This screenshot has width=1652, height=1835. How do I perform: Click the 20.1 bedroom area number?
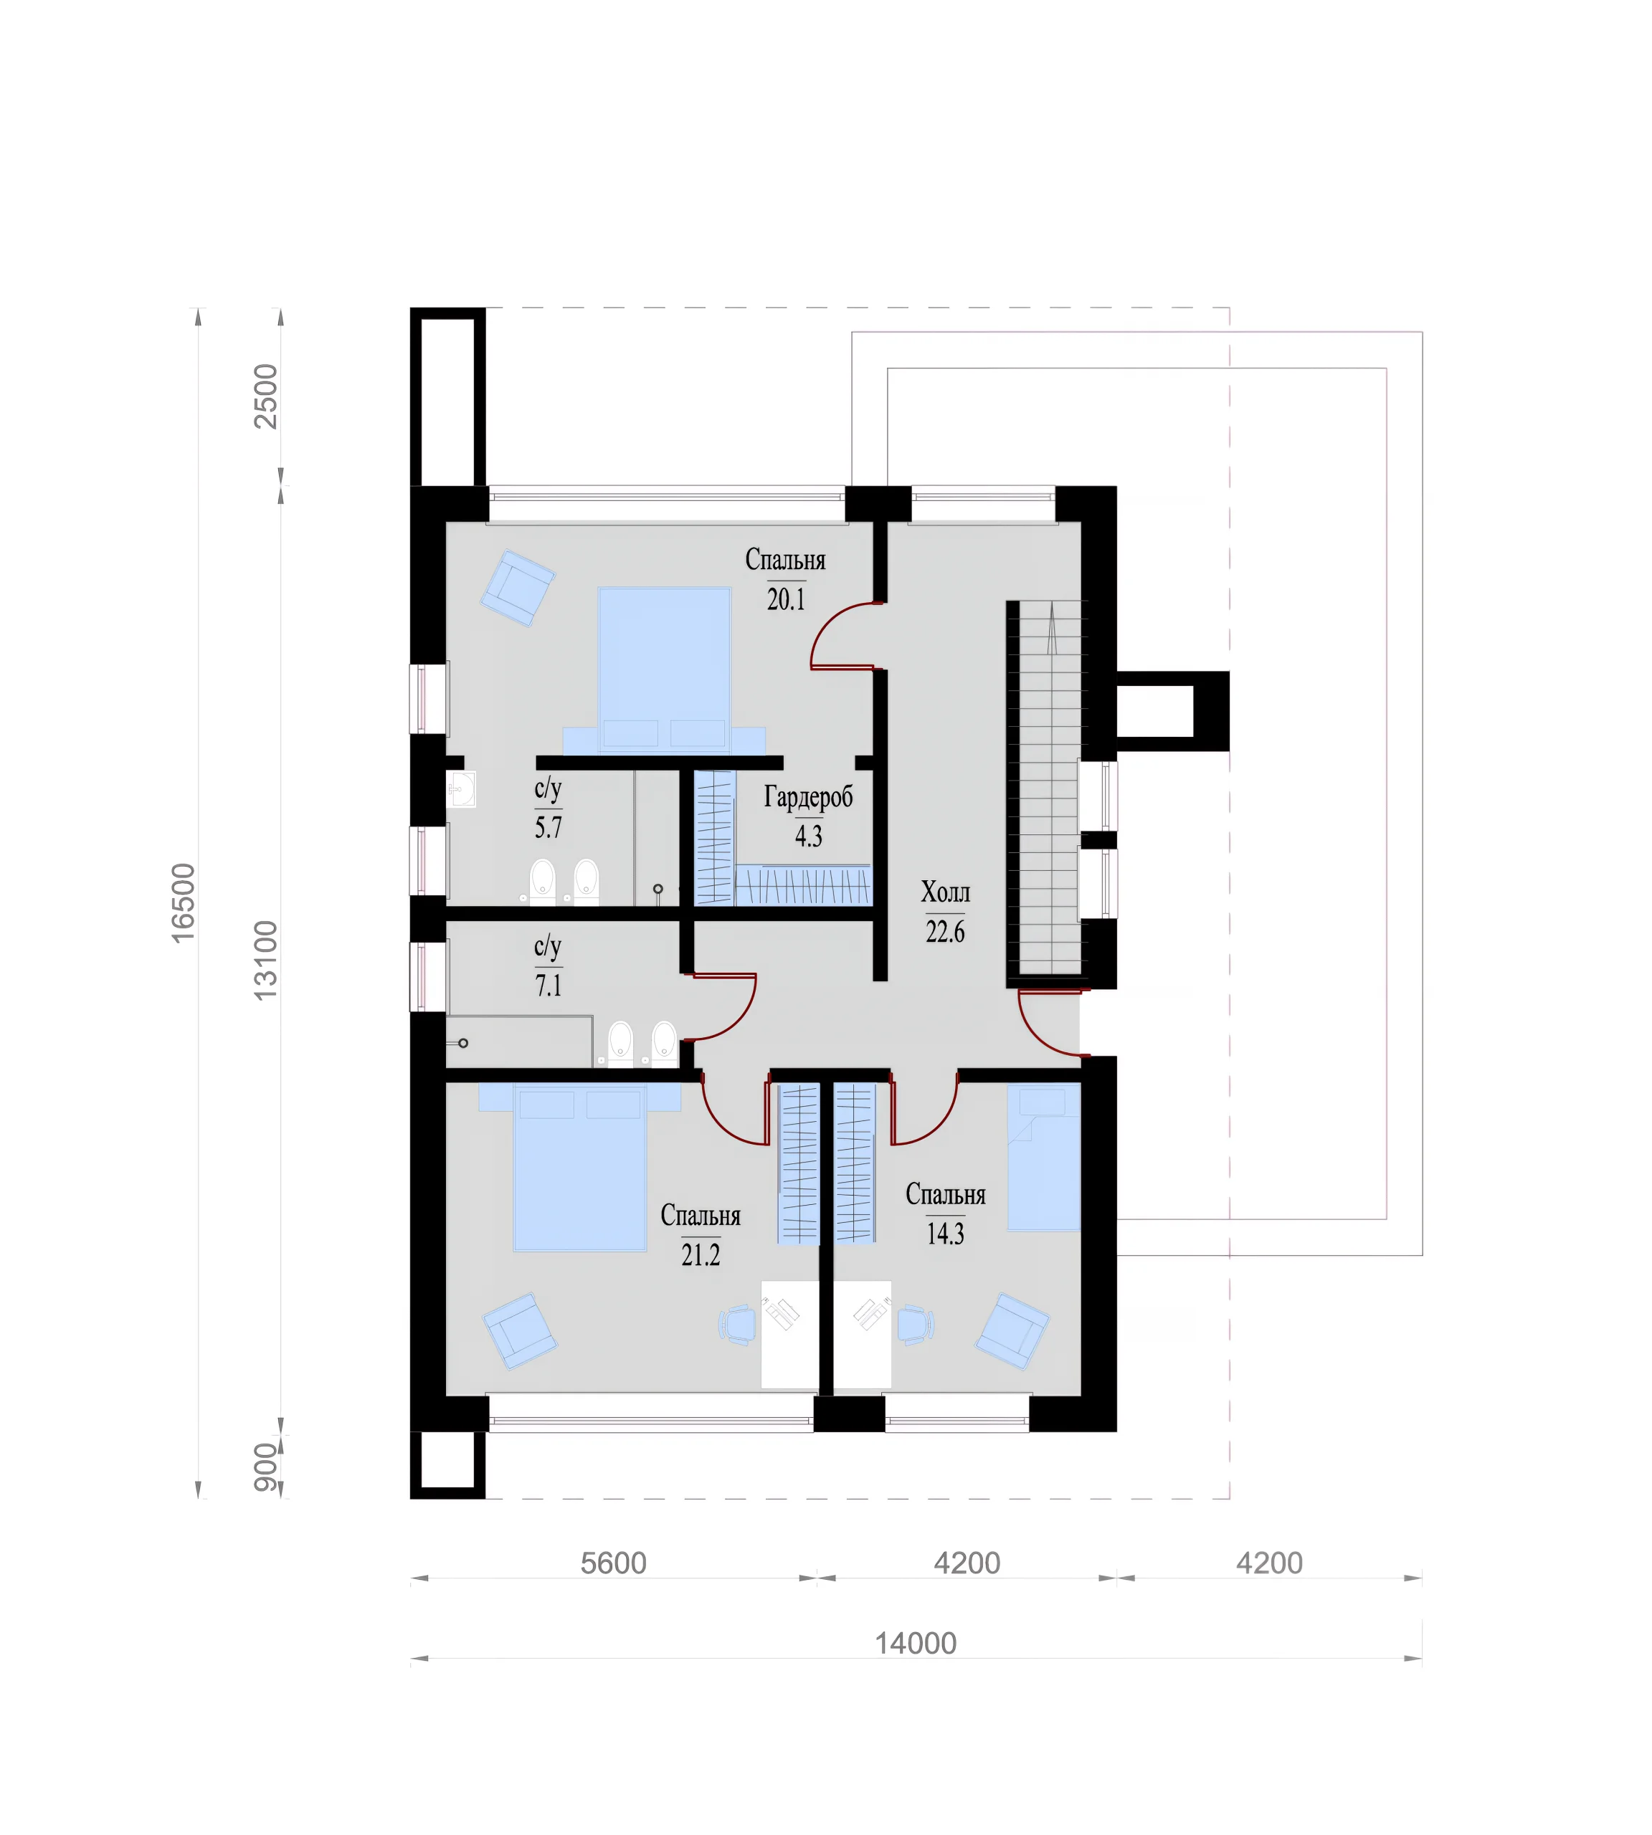click(x=786, y=600)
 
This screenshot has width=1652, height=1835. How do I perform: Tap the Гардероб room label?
click(x=809, y=797)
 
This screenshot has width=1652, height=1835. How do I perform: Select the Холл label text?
click(x=946, y=892)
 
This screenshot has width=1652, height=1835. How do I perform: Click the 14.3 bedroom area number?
click(x=945, y=1234)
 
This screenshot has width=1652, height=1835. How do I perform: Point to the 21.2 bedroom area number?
click(x=701, y=1255)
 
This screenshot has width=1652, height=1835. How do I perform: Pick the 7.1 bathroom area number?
click(x=549, y=986)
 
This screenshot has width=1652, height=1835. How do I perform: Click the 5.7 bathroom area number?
click(x=549, y=828)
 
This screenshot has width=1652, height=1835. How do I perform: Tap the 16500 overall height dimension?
click(x=184, y=903)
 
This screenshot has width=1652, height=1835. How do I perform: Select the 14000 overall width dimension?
click(x=916, y=1644)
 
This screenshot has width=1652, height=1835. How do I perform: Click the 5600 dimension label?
click(x=614, y=1563)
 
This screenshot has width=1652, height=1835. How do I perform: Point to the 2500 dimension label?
click(x=266, y=396)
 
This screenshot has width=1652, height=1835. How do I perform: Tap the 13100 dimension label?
click(x=265, y=961)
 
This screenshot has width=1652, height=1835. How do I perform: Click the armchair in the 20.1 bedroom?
click(x=518, y=588)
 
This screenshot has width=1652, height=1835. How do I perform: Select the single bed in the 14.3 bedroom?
click(x=1044, y=1159)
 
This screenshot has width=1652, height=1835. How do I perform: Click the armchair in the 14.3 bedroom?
click(x=1012, y=1331)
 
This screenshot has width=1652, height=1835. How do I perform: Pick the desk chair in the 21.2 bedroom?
click(x=738, y=1324)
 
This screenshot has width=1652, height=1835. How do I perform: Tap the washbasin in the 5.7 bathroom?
click(x=461, y=789)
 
